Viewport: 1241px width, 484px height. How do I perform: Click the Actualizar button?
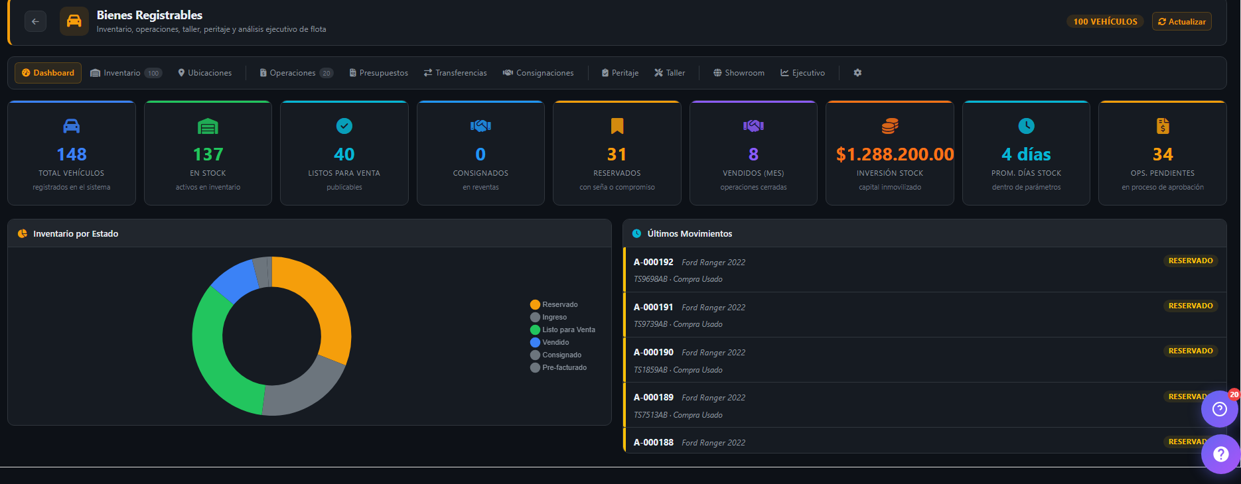point(1181,22)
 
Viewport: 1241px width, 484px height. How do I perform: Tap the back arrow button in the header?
point(36,21)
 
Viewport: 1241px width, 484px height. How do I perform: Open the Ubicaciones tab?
point(205,73)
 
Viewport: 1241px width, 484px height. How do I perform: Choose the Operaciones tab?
point(296,73)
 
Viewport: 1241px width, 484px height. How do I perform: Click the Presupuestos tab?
point(379,73)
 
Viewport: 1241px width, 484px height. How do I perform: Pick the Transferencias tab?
point(455,73)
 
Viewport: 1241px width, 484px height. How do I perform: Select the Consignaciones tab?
point(538,73)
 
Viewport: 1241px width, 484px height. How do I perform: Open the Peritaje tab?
point(620,73)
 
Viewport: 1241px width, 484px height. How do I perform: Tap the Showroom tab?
point(739,73)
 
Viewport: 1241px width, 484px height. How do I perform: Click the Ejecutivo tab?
point(802,73)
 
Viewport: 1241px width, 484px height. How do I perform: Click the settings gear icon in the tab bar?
point(857,73)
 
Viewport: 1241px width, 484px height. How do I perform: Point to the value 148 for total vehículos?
point(72,154)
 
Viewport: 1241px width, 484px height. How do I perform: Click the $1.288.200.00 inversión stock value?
point(895,154)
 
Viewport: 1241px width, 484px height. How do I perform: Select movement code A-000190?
point(654,352)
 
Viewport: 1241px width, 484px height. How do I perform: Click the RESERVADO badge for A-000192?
point(1191,261)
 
